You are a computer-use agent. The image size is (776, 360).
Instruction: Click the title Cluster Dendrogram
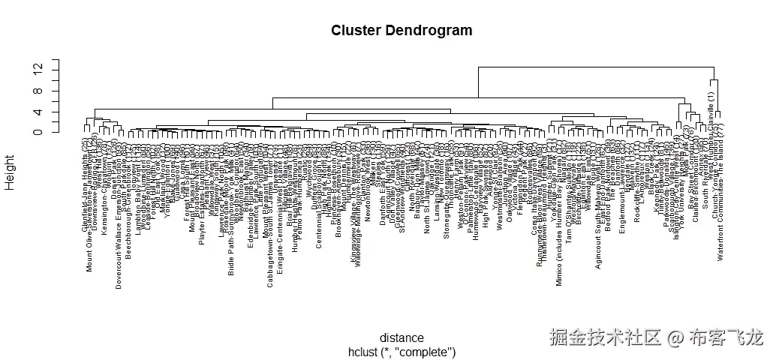(x=402, y=31)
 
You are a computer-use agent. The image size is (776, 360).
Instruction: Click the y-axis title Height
(x=11, y=172)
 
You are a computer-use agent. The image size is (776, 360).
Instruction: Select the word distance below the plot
(x=402, y=337)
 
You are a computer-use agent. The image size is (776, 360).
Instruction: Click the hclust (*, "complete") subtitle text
(x=402, y=351)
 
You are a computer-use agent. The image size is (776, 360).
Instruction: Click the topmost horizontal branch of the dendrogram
(x=597, y=67)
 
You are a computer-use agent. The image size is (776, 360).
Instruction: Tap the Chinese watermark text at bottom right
(x=655, y=337)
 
